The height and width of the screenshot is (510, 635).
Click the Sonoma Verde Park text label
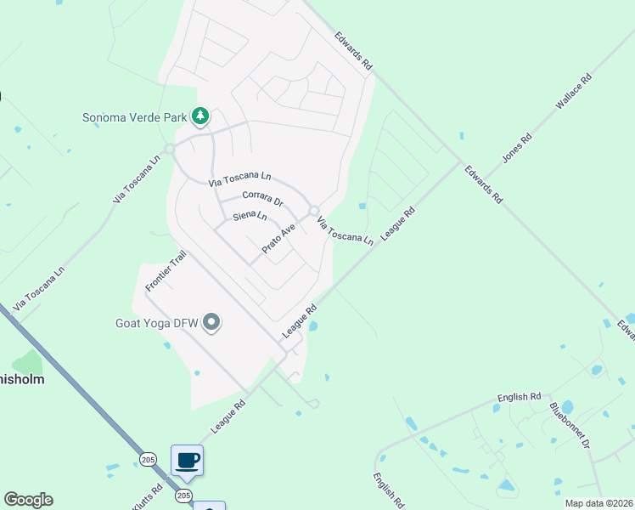pos(134,116)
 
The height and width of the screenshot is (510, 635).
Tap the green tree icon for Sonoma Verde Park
pos(200,115)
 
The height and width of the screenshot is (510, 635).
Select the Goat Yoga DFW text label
pos(158,323)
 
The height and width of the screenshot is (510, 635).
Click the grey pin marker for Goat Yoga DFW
pos(212,322)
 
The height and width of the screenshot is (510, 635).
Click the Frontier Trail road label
pos(165,271)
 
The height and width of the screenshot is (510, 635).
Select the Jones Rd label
pos(517,147)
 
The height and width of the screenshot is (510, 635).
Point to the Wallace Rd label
pos(573,93)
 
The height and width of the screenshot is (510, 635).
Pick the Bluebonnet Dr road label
pos(570,426)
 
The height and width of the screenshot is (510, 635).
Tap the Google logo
pos(28,500)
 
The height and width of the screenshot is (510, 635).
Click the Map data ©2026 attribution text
pos(599,503)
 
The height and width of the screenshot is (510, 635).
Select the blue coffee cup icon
pos(188,462)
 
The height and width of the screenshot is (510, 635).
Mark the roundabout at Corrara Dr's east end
pos(313,211)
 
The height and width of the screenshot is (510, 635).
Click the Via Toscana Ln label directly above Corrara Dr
pos(240,178)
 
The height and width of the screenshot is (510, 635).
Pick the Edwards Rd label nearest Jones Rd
pos(481,184)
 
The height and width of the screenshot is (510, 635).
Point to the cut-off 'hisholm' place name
pos(22,378)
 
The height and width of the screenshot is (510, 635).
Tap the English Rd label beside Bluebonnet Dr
pos(519,397)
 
